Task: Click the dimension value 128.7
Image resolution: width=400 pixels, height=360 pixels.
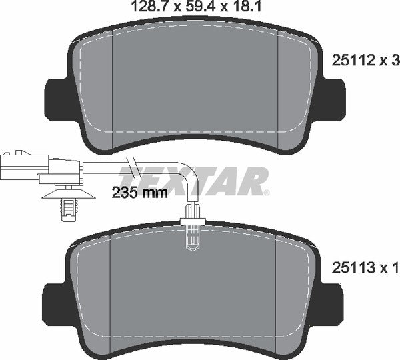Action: pyautogui.click(x=146, y=7)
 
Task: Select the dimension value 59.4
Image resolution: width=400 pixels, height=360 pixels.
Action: pyautogui.click(x=198, y=7)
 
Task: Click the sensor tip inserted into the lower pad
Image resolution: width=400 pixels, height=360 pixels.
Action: pyautogui.click(x=192, y=233)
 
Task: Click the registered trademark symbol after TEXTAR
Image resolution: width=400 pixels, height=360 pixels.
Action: pyautogui.click(x=266, y=193)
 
